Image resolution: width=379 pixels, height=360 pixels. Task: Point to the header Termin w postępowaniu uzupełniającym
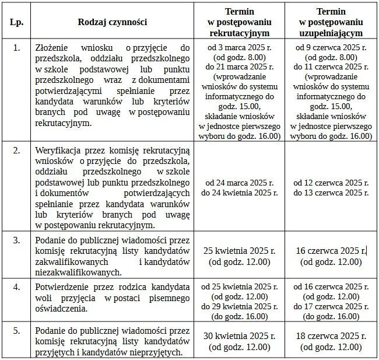(331, 22)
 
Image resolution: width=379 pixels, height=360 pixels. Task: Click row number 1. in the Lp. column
(16, 47)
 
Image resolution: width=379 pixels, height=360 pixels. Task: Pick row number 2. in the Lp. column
(16, 150)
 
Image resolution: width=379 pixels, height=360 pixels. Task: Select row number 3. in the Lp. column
(16, 241)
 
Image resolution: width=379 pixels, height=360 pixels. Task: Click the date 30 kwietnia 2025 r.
(239, 336)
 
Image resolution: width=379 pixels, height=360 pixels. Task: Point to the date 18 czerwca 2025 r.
(331, 336)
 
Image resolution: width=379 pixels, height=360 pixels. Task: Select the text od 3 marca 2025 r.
(239, 47)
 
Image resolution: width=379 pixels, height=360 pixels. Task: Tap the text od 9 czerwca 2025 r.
(331, 47)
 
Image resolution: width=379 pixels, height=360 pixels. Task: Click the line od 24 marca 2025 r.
(239, 183)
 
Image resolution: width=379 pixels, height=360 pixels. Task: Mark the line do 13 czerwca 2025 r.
(331, 192)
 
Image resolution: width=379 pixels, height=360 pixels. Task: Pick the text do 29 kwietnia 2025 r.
(239, 306)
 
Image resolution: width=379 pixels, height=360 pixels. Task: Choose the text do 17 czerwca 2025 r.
(331, 306)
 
